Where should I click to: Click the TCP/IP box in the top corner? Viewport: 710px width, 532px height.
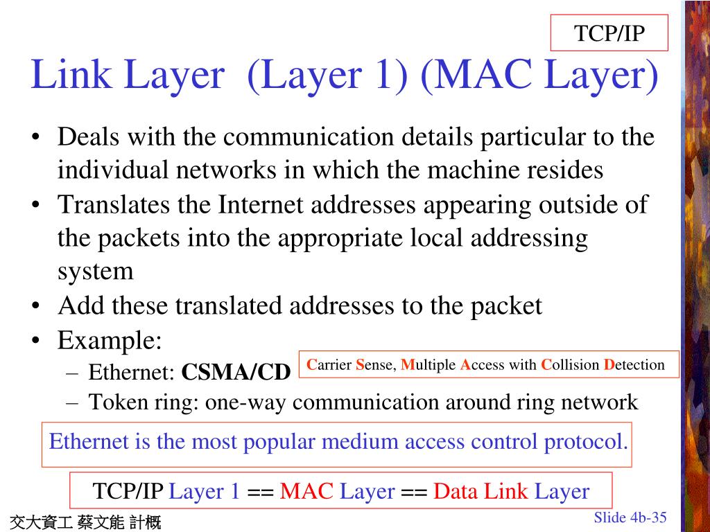click(609, 33)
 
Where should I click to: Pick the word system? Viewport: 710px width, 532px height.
click(95, 271)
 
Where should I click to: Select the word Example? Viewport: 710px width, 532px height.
click(110, 340)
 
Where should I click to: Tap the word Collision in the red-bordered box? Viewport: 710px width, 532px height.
click(570, 365)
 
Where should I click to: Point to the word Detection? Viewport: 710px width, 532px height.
click(634, 365)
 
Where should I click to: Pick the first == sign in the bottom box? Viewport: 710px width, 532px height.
click(260, 492)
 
